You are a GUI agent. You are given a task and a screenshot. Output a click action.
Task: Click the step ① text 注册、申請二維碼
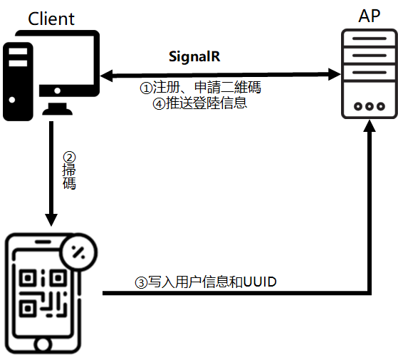200,88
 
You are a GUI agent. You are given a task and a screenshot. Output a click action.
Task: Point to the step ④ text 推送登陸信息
200,103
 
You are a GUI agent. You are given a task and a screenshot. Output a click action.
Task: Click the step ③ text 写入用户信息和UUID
206,282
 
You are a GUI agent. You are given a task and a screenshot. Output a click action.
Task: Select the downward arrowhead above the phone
51,217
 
